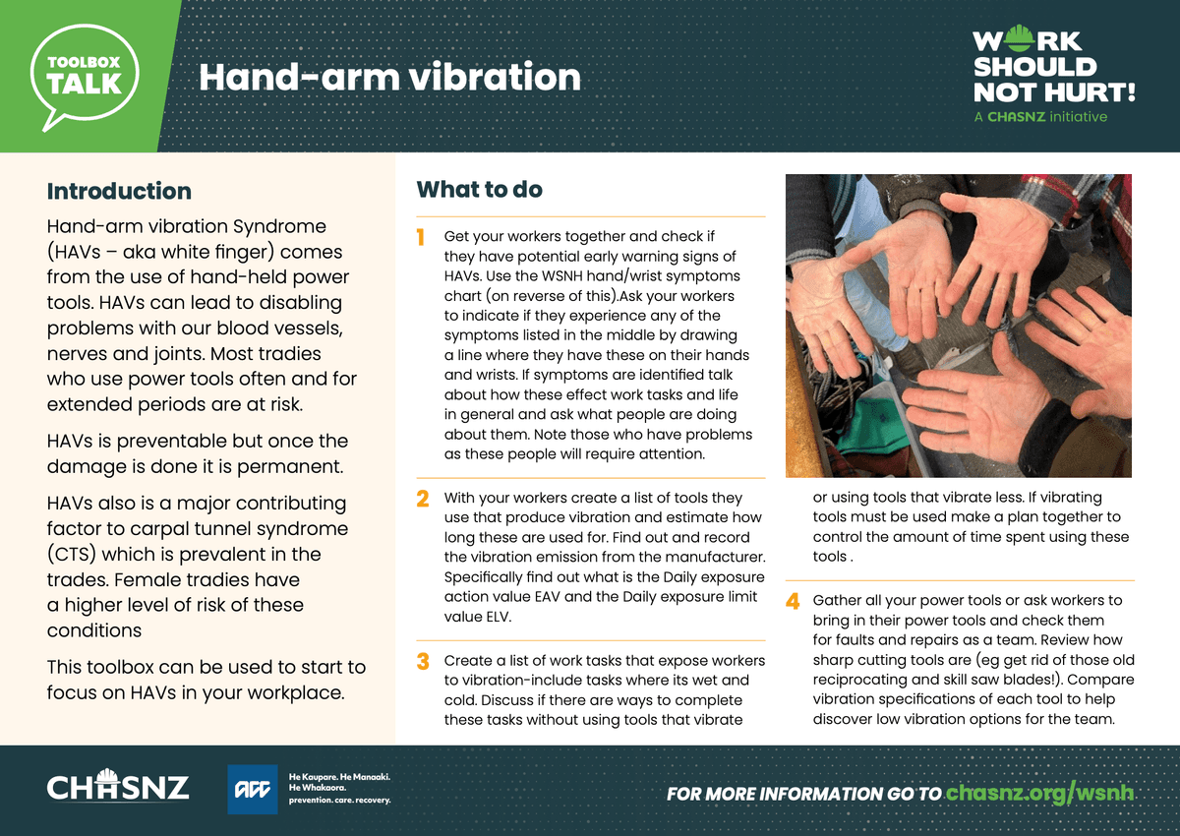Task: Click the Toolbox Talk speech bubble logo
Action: (x=85, y=77)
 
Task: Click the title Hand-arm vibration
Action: (x=389, y=78)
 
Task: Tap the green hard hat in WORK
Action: (x=1020, y=38)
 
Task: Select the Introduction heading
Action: (x=119, y=191)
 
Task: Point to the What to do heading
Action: (x=480, y=190)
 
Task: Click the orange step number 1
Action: (x=421, y=238)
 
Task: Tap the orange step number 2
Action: (x=423, y=499)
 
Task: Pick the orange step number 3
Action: (x=423, y=661)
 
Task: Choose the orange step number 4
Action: (x=793, y=601)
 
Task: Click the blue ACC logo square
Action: (x=253, y=789)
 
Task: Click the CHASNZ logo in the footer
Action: (x=117, y=786)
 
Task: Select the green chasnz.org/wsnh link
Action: (x=1039, y=793)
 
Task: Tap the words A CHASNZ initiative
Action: (x=1040, y=117)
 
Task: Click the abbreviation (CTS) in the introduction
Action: (x=72, y=555)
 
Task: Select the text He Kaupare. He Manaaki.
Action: (x=339, y=777)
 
